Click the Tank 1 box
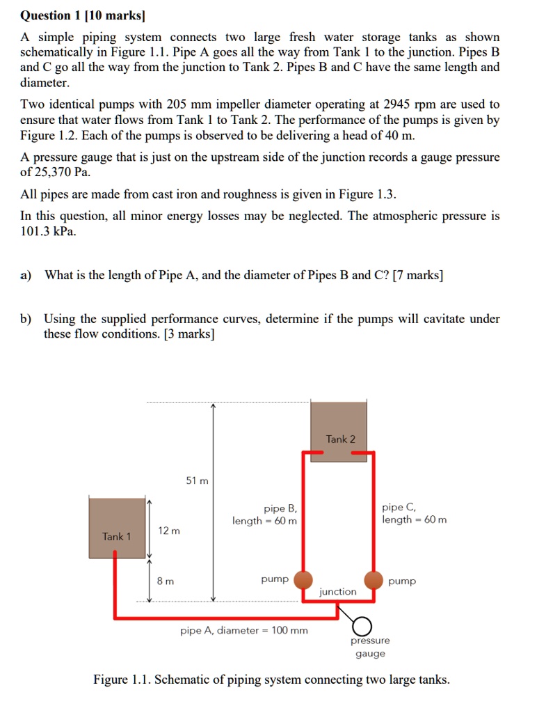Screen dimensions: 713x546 (116, 527)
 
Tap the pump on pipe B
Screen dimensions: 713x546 (303, 579)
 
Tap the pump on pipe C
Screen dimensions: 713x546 (374, 579)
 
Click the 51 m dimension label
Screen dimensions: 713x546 (197, 481)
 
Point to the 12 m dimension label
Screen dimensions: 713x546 (169, 531)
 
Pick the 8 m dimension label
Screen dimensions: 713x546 (166, 580)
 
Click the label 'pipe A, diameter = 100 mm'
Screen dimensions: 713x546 (243, 631)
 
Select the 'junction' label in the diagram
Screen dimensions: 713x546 (337, 592)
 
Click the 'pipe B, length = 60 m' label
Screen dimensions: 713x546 (265, 515)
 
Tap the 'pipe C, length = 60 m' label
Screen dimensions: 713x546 (414, 514)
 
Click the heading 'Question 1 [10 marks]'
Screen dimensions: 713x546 (86, 15)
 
